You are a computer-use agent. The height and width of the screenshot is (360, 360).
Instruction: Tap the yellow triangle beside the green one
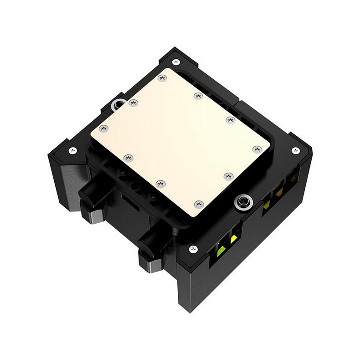(x=234, y=239)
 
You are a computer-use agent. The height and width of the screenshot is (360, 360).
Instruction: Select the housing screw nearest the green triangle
(x=193, y=249)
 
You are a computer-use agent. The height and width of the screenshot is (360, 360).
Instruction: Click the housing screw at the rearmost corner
(x=176, y=62)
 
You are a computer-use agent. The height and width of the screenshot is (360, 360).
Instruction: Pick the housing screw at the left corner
(x=72, y=150)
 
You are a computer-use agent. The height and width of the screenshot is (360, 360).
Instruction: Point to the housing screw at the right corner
(x=295, y=150)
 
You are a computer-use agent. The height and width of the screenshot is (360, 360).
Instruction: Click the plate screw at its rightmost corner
(x=257, y=149)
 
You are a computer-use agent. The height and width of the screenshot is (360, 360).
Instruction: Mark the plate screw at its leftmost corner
(x=103, y=129)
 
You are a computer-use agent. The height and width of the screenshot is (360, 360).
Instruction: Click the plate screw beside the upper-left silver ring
(x=133, y=103)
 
